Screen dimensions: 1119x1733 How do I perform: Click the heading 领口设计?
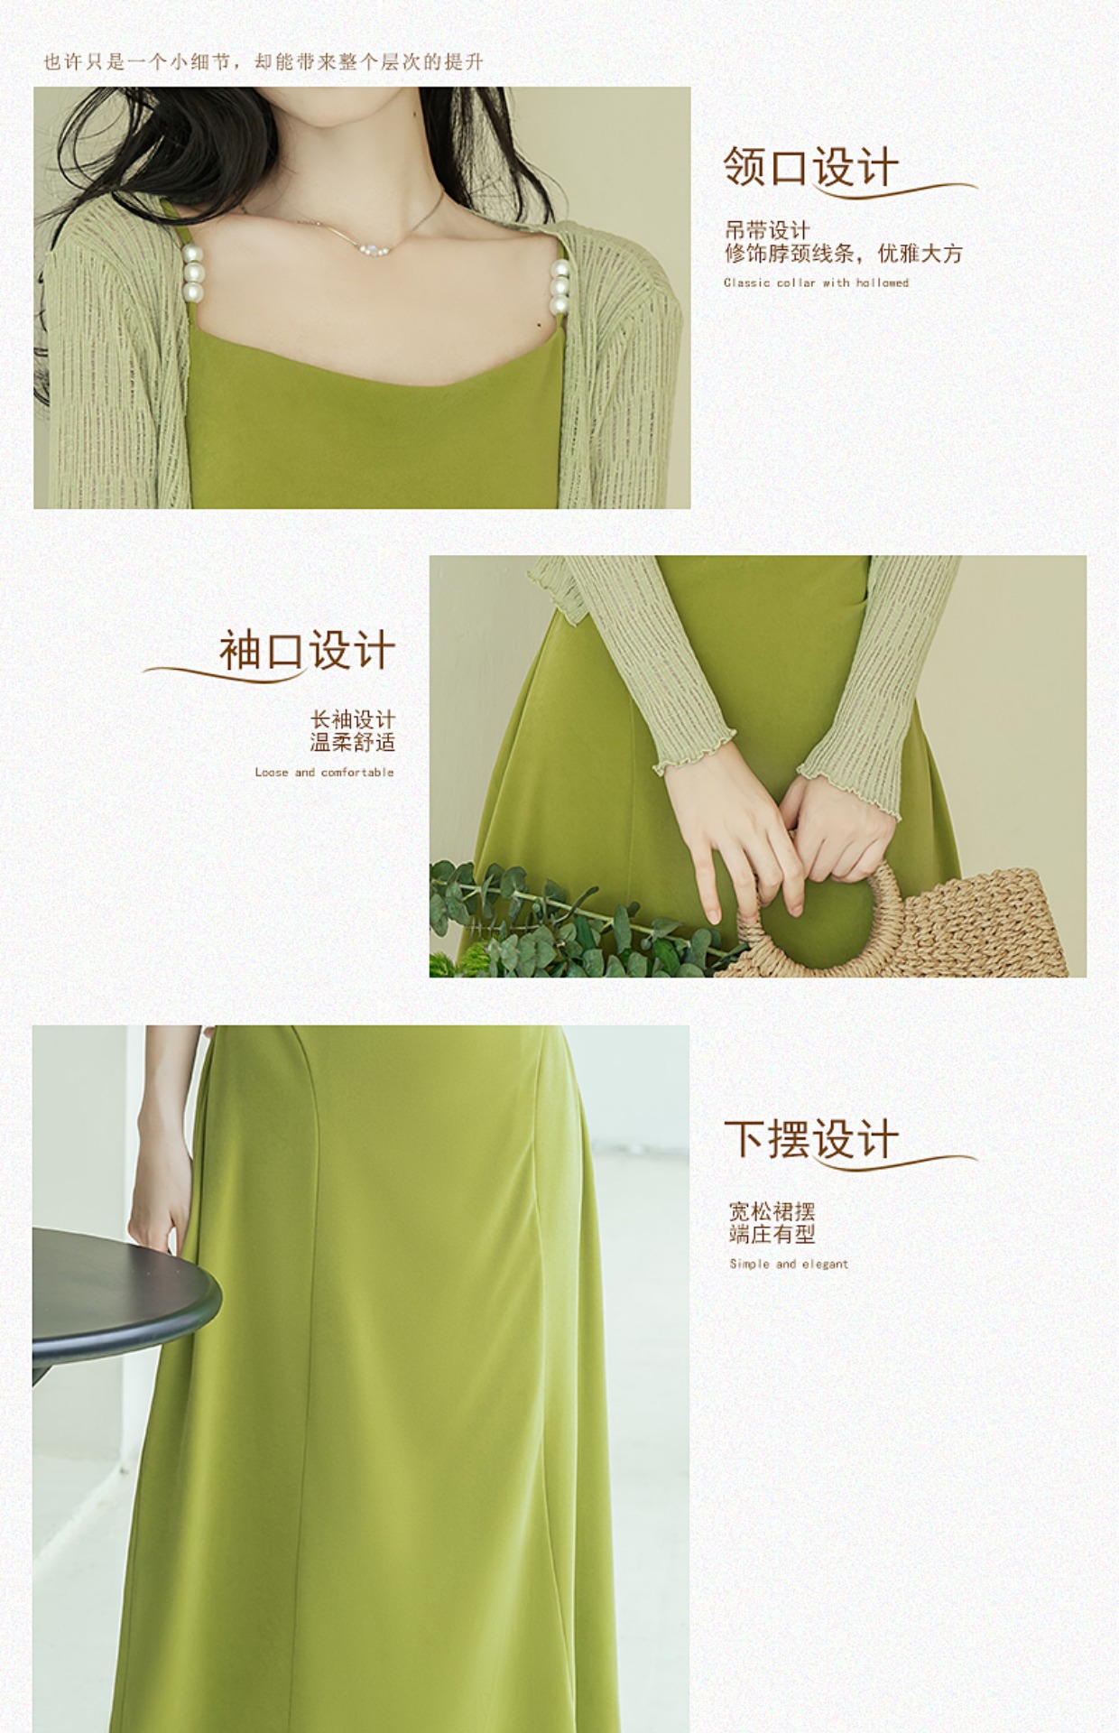(810, 167)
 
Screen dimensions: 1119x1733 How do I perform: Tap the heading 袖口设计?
(307, 651)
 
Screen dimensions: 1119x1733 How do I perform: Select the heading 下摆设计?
(810, 1138)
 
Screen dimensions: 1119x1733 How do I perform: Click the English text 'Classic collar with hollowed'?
(816, 283)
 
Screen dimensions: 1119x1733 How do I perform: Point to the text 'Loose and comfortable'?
(324, 773)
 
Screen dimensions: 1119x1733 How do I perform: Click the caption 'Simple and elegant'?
(789, 1264)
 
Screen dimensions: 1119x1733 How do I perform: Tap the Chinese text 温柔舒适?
(353, 743)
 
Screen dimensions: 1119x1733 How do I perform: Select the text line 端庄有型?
(772, 1234)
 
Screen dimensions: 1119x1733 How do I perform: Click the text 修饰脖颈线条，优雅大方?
(844, 254)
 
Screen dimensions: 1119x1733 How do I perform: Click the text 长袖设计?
(353, 719)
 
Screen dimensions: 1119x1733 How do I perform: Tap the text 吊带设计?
(767, 230)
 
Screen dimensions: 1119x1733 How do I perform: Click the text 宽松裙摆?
(772, 1210)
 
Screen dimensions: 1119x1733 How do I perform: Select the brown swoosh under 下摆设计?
(893, 1162)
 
